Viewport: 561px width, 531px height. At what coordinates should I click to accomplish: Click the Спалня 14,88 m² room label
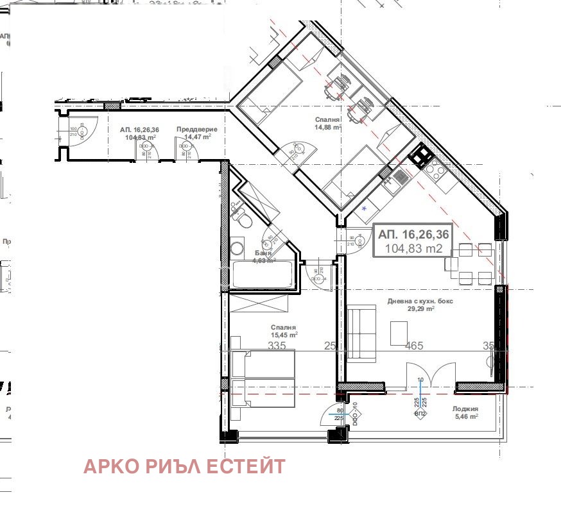[327, 123]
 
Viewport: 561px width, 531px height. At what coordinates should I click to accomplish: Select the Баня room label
[262, 257]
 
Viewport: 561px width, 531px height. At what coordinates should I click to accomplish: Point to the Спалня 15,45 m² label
[284, 331]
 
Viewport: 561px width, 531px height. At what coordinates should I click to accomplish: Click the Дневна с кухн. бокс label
[420, 305]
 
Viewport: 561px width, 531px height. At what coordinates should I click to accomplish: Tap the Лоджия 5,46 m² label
[465, 412]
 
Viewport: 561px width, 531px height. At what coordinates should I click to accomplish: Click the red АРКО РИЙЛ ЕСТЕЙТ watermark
[184, 466]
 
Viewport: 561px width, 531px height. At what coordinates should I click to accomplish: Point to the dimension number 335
[276, 346]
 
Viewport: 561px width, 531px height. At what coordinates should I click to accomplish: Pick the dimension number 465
[414, 346]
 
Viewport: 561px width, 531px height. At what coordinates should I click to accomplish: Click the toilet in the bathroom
[242, 220]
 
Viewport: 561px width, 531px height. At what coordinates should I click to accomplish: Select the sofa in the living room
[361, 333]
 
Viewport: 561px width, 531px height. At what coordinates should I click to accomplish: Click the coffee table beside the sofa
[399, 331]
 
